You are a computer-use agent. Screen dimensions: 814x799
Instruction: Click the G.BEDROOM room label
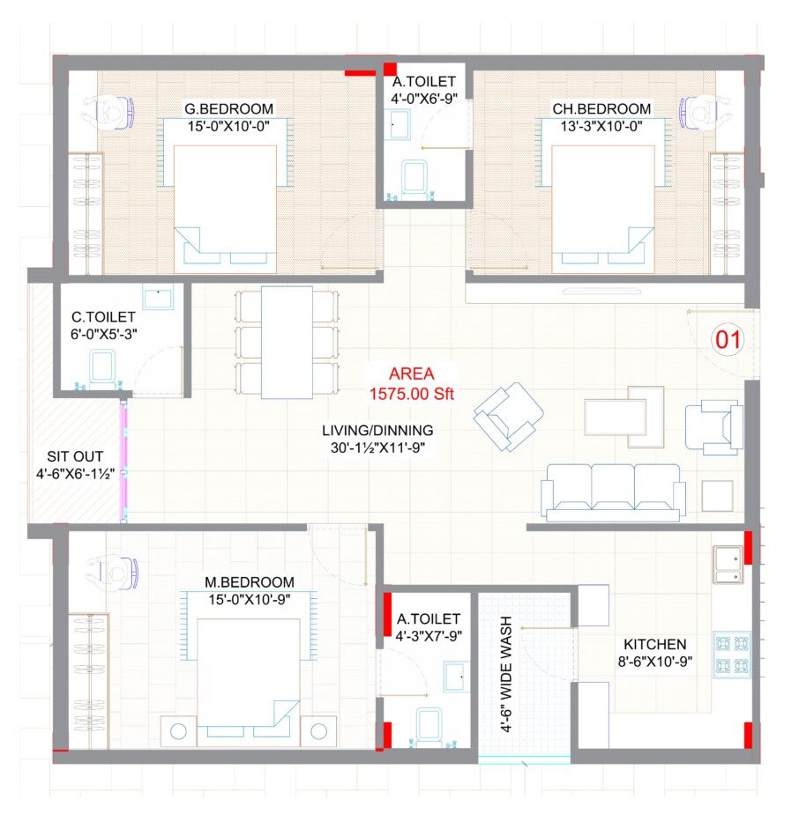click(x=228, y=109)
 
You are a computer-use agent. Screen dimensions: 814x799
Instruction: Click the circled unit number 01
click(x=728, y=339)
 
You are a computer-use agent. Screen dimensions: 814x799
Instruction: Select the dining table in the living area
click(x=287, y=342)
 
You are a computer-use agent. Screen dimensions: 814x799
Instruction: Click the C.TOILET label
click(x=104, y=317)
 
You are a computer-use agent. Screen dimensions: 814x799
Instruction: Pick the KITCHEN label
click(x=654, y=644)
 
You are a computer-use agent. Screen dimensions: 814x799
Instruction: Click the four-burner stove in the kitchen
click(x=731, y=653)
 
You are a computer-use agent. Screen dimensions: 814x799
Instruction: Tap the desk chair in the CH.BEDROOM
click(x=700, y=110)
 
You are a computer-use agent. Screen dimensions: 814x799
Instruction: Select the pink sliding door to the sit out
click(x=124, y=461)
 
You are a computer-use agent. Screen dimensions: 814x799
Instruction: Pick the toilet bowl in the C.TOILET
click(x=103, y=368)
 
